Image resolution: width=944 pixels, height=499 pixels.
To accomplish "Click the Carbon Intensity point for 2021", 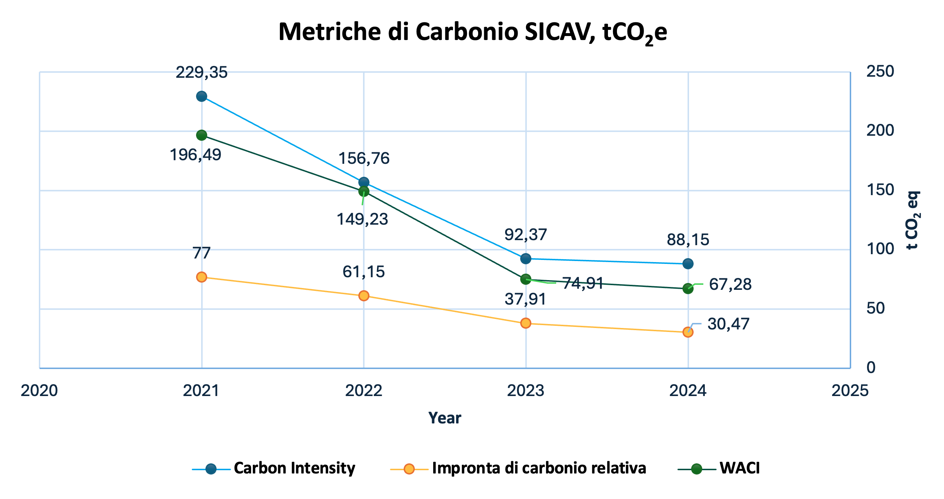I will (x=201, y=96).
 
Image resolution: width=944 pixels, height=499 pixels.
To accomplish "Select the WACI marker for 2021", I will (x=201, y=135).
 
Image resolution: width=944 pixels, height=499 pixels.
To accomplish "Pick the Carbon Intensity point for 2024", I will (x=688, y=264).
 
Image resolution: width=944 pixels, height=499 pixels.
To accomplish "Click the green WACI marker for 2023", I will (x=526, y=279).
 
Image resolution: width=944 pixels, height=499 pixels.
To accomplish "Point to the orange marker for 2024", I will (x=688, y=332).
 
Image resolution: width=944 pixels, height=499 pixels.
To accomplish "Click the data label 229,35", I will (x=201, y=72).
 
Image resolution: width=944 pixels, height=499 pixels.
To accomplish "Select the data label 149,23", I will (x=362, y=219).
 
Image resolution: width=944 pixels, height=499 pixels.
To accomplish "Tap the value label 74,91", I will (x=583, y=283).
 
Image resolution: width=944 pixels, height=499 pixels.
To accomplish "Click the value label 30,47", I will (x=729, y=324).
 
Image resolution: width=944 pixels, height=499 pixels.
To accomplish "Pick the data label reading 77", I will (x=201, y=253).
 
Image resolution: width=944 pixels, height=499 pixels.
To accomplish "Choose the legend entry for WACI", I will (x=740, y=468).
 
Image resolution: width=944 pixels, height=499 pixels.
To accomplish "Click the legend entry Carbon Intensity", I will (x=294, y=468).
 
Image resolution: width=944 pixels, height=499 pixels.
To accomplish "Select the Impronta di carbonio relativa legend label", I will (x=539, y=468).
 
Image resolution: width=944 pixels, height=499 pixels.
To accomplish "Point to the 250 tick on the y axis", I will (x=880, y=72).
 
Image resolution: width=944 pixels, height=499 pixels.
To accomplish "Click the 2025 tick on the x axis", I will (x=850, y=391).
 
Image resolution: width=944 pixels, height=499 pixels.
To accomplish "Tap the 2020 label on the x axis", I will (x=39, y=391).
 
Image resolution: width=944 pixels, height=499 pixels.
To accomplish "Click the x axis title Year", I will (x=445, y=418).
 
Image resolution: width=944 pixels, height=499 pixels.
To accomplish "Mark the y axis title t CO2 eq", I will (x=912, y=220).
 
